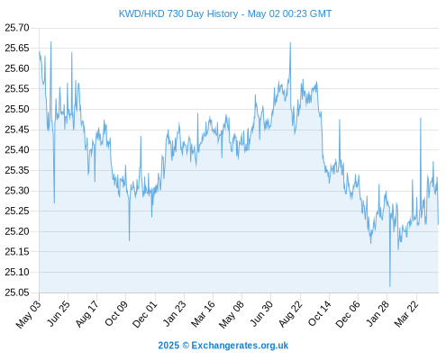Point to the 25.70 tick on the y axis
[17, 28]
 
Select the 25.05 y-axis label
[17, 292]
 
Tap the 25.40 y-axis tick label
[17, 150]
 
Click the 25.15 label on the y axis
[17, 252]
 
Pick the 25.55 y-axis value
[17, 89]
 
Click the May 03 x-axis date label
[28, 315]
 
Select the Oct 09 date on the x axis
[116, 313]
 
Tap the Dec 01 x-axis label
[145, 314]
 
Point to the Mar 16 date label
[204, 314]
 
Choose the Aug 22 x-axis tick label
[290, 314]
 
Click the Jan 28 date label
[378, 314]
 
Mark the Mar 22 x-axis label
[406, 314]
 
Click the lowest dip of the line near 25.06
[390, 286]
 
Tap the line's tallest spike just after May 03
[50, 42]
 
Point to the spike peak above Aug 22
[290, 42]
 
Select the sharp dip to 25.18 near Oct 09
[129, 240]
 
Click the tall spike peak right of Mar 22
[421, 118]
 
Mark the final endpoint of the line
[438, 224]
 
